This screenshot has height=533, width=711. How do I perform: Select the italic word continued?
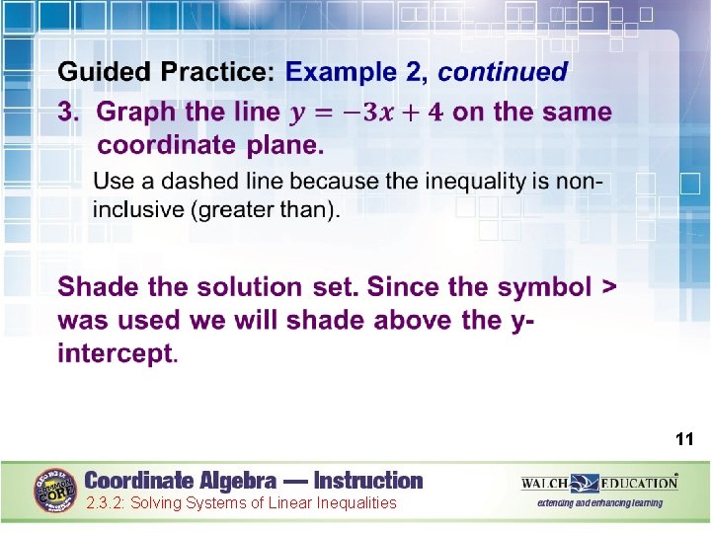tap(503, 72)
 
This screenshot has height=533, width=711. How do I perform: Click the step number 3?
tap(67, 113)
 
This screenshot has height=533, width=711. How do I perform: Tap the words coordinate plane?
tap(210, 145)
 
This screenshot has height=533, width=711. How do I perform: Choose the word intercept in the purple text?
tap(116, 352)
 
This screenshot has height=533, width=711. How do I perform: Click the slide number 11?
tap(684, 439)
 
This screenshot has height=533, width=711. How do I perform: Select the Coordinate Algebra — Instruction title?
tap(254, 481)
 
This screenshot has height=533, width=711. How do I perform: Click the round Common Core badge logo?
tap(55, 489)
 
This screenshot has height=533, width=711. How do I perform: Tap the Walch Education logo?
tap(599, 483)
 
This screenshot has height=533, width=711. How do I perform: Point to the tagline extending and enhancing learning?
tap(599, 503)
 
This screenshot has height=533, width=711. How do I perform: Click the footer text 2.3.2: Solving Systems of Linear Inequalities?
tap(241, 503)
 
